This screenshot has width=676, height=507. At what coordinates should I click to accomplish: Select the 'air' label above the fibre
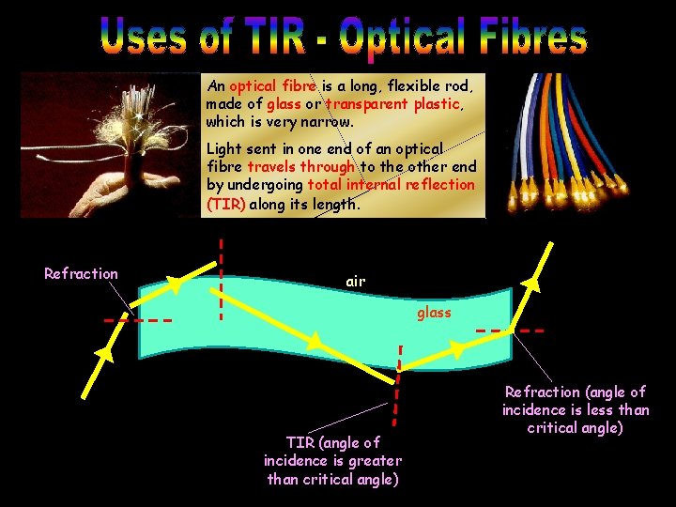click(355, 281)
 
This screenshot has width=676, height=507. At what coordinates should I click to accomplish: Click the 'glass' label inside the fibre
click(434, 313)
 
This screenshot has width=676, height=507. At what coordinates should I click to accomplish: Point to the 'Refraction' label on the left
click(81, 273)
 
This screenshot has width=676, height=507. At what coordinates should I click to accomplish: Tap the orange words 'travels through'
click(300, 167)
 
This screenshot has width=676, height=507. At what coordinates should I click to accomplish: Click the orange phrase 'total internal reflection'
click(391, 185)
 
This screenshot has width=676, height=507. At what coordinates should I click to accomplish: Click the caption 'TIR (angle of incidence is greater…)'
click(333, 460)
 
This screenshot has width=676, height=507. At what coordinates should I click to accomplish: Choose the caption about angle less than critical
click(575, 409)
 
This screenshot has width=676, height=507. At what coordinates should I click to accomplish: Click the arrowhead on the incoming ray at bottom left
click(106, 354)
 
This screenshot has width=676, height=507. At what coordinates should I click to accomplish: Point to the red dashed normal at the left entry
click(137, 320)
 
